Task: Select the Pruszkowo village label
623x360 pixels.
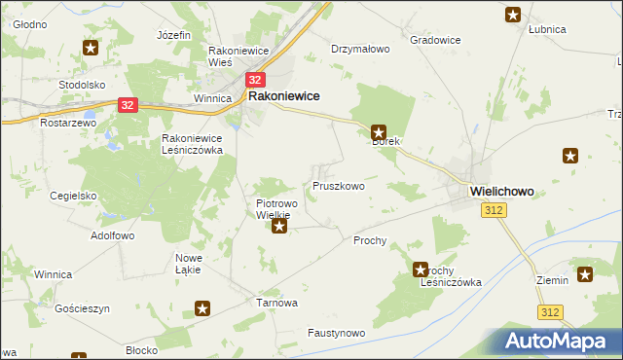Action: point(338,185)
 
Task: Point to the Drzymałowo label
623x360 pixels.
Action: point(360,48)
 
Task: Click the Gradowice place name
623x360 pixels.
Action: point(435,40)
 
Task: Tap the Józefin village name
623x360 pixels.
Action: point(172,35)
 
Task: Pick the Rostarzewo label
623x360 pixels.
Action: point(65,124)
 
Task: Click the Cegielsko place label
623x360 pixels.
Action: point(73,196)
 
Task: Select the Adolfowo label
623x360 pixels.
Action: point(112,235)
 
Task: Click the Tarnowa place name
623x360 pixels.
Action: point(275,303)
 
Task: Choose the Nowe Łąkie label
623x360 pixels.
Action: point(187,263)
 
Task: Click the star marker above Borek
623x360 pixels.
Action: point(380,131)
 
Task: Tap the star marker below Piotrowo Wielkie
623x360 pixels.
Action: point(280,228)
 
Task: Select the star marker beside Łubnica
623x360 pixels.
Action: point(512,15)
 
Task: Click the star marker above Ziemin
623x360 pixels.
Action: point(585,275)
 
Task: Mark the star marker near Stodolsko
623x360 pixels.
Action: point(91,48)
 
